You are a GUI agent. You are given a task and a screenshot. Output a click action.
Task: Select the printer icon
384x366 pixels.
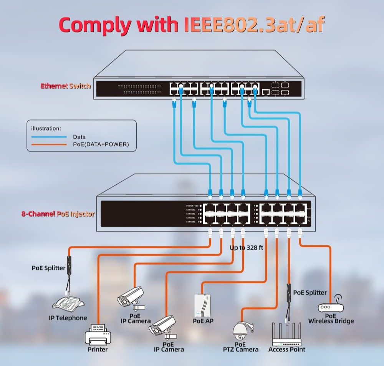(x=98, y=334)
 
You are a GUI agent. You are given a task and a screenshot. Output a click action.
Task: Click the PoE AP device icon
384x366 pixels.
(x=203, y=305)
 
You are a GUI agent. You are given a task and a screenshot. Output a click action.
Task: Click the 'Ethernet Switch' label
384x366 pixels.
(x=66, y=86)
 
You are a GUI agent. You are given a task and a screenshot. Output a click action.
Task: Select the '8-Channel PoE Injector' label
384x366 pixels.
(x=58, y=214)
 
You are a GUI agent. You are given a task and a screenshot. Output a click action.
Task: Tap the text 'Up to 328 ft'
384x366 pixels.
(x=247, y=248)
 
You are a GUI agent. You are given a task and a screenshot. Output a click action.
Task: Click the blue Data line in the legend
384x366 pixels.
(x=49, y=137)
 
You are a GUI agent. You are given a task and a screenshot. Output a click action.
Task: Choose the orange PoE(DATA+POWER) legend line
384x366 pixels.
(x=49, y=144)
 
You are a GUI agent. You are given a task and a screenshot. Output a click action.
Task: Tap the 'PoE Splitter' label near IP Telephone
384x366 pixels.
(x=49, y=268)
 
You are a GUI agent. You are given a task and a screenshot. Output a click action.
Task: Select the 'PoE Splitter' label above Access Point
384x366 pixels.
(x=310, y=292)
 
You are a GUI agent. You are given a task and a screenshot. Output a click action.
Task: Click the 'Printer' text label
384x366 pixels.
(x=98, y=349)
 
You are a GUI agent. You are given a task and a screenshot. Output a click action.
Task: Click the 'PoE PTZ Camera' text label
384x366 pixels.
(x=241, y=347)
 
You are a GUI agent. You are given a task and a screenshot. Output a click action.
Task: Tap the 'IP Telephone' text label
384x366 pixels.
(x=68, y=318)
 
